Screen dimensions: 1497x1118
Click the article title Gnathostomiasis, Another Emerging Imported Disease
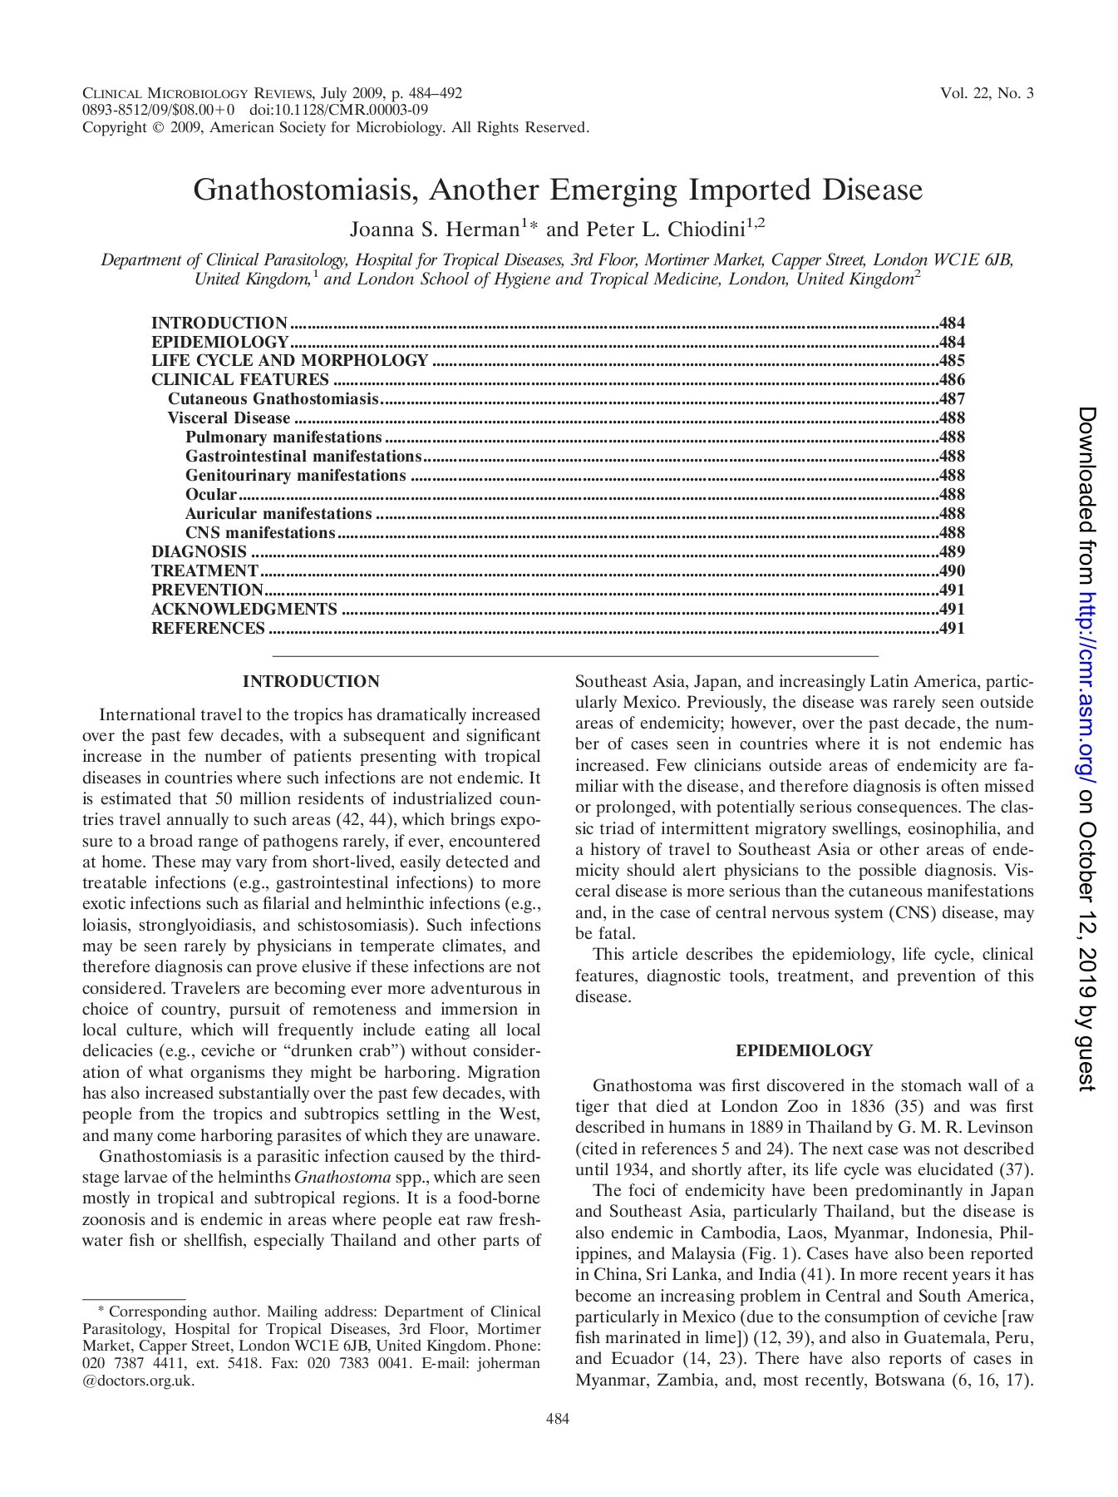[x=558, y=190]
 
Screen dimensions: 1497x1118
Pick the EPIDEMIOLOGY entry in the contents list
[x=219, y=342]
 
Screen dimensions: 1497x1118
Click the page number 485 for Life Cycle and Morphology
[x=952, y=360]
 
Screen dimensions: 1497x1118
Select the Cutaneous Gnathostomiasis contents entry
[x=273, y=398]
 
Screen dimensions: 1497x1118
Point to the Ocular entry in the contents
[x=211, y=494]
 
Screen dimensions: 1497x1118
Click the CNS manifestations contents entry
[x=260, y=532]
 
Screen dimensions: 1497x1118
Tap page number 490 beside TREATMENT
[x=952, y=571]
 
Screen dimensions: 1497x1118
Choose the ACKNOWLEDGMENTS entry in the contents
[x=244, y=609]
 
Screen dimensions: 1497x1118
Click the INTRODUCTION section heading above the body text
[x=311, y=682]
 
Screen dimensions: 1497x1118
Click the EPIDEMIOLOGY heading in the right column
[x=804, y=1050]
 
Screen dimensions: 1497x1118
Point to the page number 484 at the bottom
[x=558, y=1420]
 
